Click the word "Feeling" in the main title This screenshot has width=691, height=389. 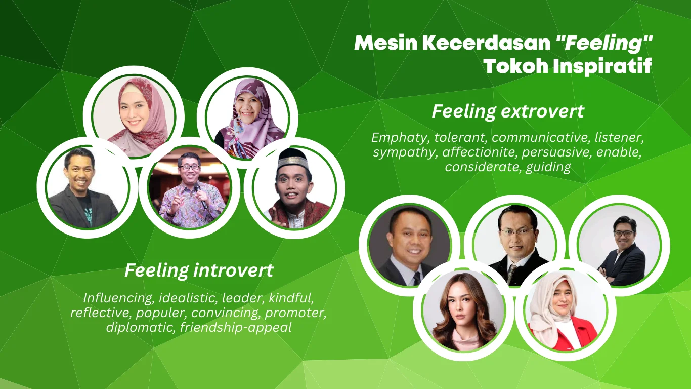[x=604, y=43]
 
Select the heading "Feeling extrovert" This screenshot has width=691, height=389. [x=508, y=111]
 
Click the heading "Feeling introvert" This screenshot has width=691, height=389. [x=199, y=270]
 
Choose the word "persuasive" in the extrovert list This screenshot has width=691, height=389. [x=557, y=152]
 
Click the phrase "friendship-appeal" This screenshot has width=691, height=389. [x=236, y=328]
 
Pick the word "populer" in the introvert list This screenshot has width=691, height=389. [x=161, y=314]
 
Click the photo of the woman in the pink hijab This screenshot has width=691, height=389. [x=134, y=117]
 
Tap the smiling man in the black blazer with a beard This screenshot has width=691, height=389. [x=88, y=187]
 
